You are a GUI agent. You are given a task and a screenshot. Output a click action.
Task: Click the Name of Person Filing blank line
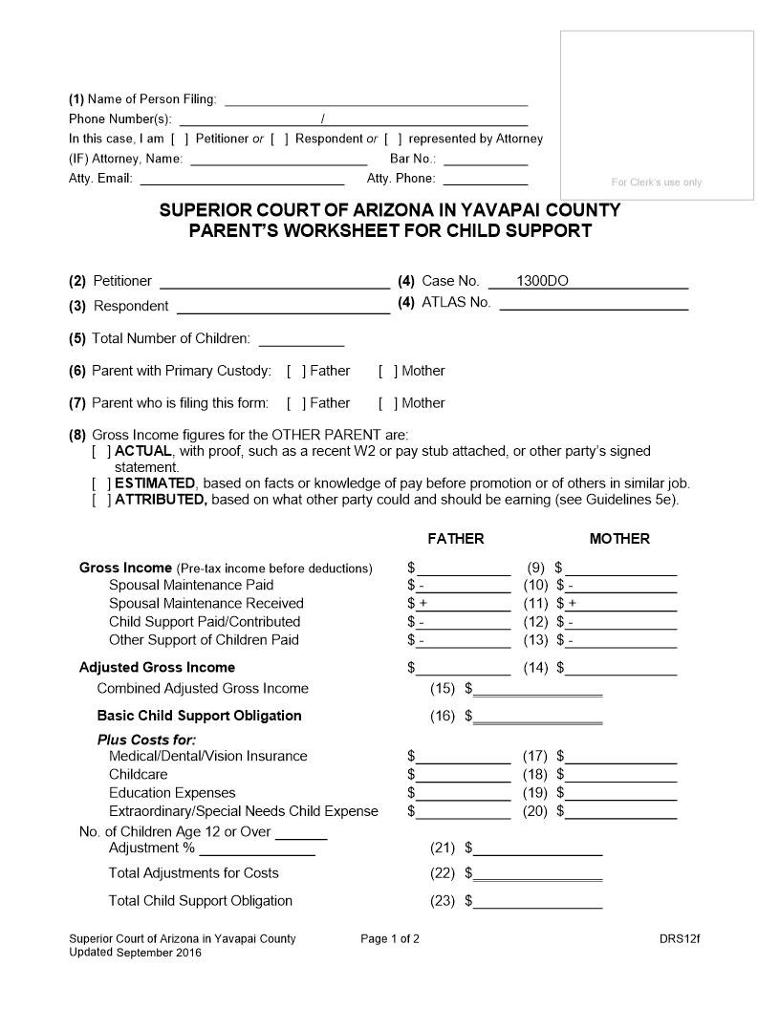(x=376, y=98)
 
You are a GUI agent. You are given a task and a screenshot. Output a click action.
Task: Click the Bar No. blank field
(x=485, y=159)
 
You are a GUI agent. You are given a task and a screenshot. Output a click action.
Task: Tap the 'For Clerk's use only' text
(x=657, y=182)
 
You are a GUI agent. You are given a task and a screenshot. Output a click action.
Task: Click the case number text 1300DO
(x=542, y=281)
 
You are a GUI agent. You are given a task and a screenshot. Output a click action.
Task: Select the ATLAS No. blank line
(x=594, y=303)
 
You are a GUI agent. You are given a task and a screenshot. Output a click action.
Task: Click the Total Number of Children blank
(x=301, y=339)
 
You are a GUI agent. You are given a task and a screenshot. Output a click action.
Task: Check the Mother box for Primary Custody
(x=388, y=371)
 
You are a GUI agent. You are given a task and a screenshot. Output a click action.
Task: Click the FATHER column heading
(x=456, y=539)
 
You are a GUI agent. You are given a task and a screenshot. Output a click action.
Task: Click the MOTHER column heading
(x=619, y=539)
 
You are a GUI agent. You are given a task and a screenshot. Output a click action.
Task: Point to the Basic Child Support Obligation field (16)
(x=537, y=716)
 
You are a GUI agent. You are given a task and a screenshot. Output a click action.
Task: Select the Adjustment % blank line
(x=256, y=848)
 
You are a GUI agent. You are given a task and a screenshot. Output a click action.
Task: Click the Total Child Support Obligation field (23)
(x=537, y=901)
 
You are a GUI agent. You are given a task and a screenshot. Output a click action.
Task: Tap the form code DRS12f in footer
(x=680, y=938)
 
